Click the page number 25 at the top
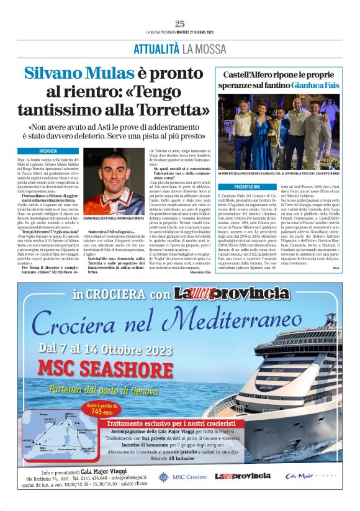pyautogui.click(x=180, y=24)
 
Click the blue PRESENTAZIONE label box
pyautogui.click(x=248, y=186)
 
